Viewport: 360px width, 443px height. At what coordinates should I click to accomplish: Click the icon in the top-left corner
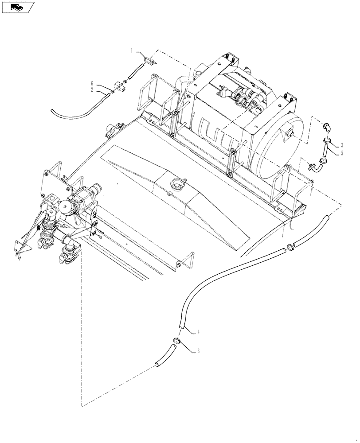click(x=18, y=7)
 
